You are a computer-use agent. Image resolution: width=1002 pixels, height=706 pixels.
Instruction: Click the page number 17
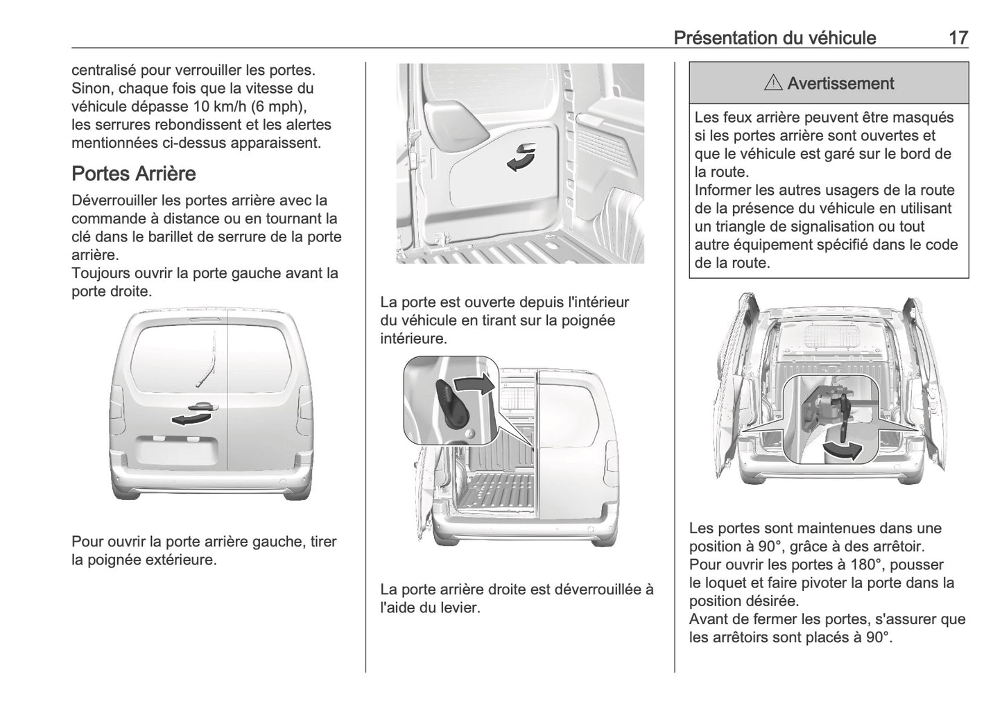pos(958,37)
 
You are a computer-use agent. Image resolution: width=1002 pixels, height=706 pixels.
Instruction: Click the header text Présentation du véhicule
pos(775,37)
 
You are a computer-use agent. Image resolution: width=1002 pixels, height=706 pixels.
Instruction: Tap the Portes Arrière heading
pos(134,173)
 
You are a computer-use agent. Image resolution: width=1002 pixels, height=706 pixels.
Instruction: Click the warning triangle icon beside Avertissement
pos(772,84)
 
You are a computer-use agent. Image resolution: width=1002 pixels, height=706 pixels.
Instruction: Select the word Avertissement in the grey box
pos(840,84)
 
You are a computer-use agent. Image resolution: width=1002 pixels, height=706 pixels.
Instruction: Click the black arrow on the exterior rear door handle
pos(190,418)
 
